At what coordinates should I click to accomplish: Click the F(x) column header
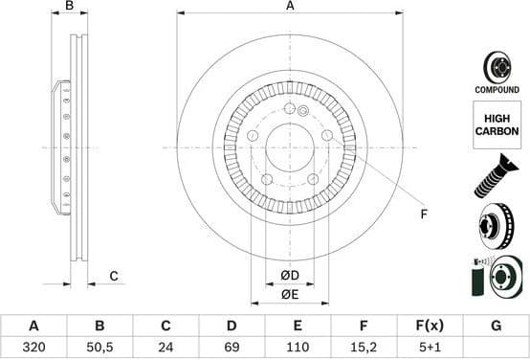coord(429,326)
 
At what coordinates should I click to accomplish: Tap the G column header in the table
coord(496,326)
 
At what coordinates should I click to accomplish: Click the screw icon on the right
coord(497,179)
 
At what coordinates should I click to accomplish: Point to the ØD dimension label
coord(290,277)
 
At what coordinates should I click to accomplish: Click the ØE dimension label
coord(290,294)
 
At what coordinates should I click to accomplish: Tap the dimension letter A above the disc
coord(290,7)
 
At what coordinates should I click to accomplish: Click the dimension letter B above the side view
coord(69,7)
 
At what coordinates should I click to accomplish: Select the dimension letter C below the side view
coord(113,277)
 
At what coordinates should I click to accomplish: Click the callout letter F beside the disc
coord(423,214)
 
